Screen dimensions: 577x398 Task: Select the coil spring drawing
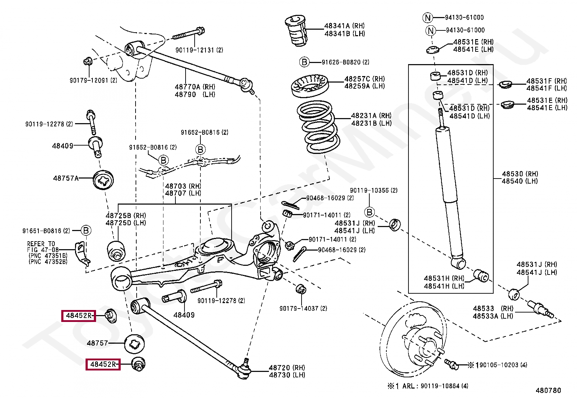click(x=318, y=127)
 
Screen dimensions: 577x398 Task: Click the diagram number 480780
click(x=548, y=390)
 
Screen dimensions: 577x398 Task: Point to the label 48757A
click(x=66, y=178)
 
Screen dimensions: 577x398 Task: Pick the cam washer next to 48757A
click(x=103, y=180)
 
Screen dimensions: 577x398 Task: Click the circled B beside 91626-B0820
click(x=304, y=62)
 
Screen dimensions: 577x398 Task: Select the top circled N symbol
click(x=428, y=18)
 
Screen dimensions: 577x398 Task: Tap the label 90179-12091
click(x=93, y=80)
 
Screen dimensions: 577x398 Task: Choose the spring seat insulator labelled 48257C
click(x=310, y=86)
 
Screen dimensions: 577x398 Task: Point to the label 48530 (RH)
click(x=520, y=174)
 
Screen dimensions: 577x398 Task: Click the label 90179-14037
click(x=303, y=308)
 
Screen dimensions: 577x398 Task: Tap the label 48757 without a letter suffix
click(x=97, y=343)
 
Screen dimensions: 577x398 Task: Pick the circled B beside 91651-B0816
click(x=86, y=230)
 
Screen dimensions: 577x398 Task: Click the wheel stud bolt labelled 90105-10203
click(x=452, y=364)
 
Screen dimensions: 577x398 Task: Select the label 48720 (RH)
click(x=287, y=367)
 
